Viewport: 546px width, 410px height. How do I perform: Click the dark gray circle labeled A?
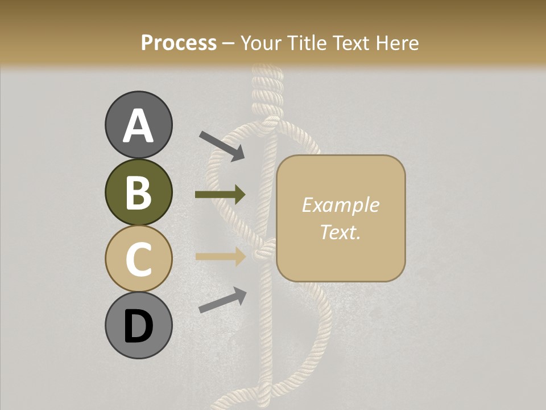[138, 125]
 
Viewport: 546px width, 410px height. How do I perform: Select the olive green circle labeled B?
[138, 192]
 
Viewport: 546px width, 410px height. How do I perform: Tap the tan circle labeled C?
[138, 259]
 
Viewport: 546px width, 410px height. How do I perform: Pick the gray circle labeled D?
[138, 326]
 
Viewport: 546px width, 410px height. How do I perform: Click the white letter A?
[138, 126]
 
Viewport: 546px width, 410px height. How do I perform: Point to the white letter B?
[138, 192]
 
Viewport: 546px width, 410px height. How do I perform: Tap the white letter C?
[138, 259]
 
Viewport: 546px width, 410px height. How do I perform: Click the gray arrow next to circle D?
[222, 300]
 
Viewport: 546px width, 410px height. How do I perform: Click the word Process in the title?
[179, 43]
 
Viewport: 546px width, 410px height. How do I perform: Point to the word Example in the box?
[340, 205]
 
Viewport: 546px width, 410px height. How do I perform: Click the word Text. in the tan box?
[340, 232]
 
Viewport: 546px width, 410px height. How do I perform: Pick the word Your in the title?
[261, 43]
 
